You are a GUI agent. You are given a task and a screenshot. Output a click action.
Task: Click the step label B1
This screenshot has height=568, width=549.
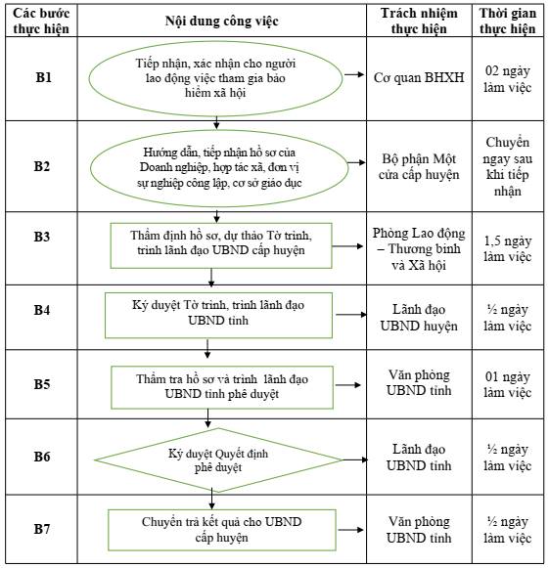[x=43, y=77]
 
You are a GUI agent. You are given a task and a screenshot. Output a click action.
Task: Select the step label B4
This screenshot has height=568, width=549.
[x=42, y=310]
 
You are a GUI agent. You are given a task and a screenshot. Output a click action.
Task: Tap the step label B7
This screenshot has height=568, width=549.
[x=42, y=529]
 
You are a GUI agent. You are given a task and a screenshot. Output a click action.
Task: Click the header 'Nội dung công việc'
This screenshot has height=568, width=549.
[x=221, y=21]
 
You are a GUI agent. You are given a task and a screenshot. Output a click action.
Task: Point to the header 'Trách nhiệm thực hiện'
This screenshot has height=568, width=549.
[x=419, y=21]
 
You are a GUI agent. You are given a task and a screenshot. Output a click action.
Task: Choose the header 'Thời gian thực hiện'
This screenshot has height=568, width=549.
[x=508, y=21]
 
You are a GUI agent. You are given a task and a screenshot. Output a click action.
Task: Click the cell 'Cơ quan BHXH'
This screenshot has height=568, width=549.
[x=419, y=77]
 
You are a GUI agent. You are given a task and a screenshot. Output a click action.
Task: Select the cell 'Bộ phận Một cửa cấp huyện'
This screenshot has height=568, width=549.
[x=419, y=166]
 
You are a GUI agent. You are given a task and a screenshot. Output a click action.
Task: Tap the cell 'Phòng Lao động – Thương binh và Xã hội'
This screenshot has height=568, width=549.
[x=419, y=249]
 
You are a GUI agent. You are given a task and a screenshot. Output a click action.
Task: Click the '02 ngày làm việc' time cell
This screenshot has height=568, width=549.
[x=508, y=78]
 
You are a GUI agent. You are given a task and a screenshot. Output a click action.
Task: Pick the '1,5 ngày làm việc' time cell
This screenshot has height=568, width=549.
[x=508, y=248]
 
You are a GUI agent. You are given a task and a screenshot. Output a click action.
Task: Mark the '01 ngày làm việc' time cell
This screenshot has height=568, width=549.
[x=508, y=384]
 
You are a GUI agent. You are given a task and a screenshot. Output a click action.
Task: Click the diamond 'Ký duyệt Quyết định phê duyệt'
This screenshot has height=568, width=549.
[x=218, y=460]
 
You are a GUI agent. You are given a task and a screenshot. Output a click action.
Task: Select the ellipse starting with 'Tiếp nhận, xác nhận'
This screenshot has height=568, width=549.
[x=215, y=78]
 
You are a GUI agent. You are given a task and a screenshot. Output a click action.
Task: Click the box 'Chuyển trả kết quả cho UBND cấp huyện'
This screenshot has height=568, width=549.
[x=222, y=530]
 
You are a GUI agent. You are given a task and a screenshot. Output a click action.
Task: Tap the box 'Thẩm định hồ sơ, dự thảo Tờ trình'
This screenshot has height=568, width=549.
[x=221, y=245]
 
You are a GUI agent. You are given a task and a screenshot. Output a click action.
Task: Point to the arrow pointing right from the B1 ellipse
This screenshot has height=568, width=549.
[x=354, y=74]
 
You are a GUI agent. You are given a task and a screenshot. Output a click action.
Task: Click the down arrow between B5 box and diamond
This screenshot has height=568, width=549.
[x=207, y=418]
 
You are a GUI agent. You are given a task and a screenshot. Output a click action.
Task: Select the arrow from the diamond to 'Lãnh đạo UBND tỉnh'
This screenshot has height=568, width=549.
[x=355, y=459]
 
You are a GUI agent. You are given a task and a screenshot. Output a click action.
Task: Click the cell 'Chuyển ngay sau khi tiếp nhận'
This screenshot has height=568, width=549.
[x=508, y=166]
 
